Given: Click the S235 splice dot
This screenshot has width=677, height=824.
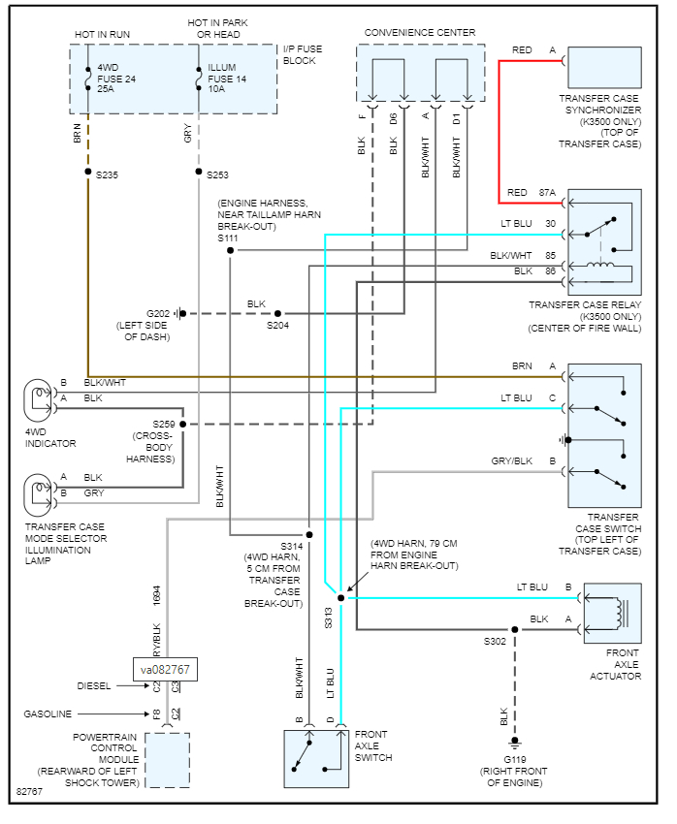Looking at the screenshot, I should point(87,174).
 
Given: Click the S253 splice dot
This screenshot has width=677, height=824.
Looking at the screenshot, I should point(198,174).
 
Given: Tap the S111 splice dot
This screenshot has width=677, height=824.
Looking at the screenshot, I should point(230,250).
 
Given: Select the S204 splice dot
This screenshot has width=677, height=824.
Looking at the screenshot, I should point(277,313).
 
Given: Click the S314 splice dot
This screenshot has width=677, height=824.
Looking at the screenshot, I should point(308,534).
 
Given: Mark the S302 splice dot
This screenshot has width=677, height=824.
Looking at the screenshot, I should point(515,629).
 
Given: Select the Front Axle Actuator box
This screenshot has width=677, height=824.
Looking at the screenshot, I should point(612,614).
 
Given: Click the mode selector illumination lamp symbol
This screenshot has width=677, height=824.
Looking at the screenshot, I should point(40,488).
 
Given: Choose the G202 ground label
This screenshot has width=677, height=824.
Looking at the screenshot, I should point(158,313).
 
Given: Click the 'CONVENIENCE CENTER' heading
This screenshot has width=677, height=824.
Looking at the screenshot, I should point(420,33).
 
